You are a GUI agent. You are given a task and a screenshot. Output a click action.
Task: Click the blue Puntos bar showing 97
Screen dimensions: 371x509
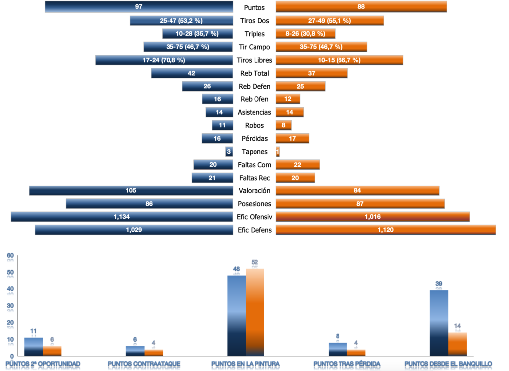click(x=139, y=7)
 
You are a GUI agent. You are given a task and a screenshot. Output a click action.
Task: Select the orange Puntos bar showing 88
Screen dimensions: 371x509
click(x=361, y=7)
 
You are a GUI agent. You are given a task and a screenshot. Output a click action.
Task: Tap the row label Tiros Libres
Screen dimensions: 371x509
click(x=254, y=60)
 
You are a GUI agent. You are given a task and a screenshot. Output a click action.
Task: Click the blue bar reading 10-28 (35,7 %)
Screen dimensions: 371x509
click(x=197, y=34)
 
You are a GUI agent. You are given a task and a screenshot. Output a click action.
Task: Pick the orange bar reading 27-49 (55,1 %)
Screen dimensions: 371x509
click(x=330, y=21)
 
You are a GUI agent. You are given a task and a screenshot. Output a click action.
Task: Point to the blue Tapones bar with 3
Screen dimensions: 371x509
click(x=229, y=152)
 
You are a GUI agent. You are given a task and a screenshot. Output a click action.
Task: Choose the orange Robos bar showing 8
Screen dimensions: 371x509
click(x=283, y=125)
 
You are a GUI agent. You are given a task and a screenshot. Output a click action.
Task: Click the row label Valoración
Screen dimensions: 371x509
click(x=254, y=190)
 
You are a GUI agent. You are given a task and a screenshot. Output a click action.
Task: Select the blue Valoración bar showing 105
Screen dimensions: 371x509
click(x=131, y=190)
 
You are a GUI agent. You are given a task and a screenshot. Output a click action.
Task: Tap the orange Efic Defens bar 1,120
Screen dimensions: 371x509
click(x=386, y=230)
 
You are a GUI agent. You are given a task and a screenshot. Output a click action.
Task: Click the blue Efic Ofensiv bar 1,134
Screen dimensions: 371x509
click(x=122, y=217)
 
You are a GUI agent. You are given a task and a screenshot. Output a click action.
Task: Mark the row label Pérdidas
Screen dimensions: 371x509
click(x=254, y=138)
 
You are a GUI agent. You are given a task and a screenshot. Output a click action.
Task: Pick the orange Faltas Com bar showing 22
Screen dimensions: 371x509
click(x=297, y=165)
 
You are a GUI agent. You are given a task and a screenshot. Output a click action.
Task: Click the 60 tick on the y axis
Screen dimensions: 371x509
click(x=10, y=256)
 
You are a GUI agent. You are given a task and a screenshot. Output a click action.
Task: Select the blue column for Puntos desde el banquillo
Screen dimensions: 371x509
click(x=439, y=323)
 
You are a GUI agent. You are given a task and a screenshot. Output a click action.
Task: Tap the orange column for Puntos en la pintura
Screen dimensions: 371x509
click(x=255, y=312)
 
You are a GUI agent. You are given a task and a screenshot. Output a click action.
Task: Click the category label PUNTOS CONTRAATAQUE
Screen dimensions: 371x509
click(x=144, y=364)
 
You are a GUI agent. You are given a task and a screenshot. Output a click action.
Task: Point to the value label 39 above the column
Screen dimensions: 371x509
click(x=439, y=284)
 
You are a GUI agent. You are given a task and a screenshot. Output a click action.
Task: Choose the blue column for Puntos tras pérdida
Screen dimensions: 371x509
click(x=338, y=349)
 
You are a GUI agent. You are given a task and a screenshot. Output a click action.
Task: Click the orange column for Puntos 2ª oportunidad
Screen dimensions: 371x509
click(x=52, y=351)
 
